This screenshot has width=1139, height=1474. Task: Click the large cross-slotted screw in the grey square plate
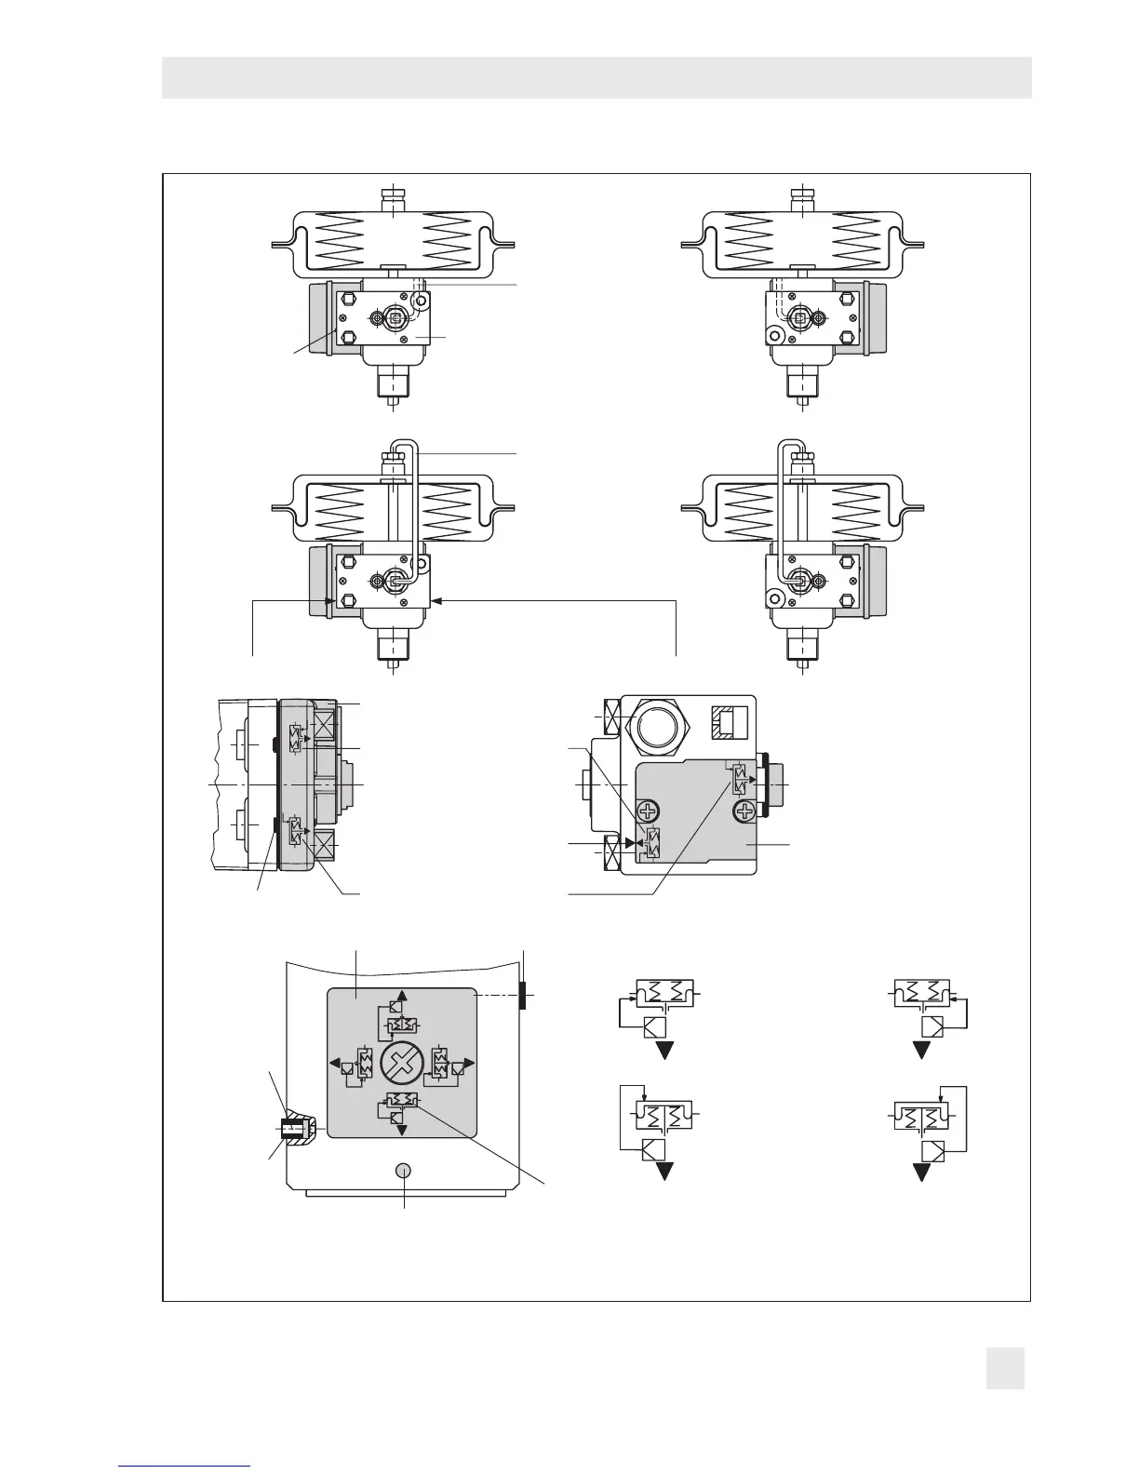tap(402, 1062)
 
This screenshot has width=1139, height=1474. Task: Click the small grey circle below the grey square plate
tap(404, 1171)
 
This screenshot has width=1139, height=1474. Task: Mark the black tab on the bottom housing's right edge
tap(524, 995)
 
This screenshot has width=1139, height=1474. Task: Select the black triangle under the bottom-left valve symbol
tap(665, 1172)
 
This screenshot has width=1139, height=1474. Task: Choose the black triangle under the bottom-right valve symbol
tap(922, 1172)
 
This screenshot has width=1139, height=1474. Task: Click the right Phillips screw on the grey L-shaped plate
tap(743, 812)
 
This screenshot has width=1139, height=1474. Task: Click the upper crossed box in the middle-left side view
tap(326, 722)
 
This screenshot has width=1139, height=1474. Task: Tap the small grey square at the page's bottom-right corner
tap(1005, 1368)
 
